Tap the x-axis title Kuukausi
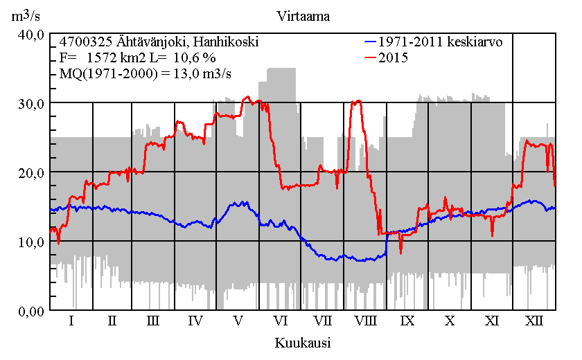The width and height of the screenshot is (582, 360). tap(302, 343)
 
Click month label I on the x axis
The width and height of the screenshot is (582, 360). tap(71, 321)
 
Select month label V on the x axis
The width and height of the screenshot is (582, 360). tap(238, 321)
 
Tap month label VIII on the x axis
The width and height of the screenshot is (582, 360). tap(365, 321)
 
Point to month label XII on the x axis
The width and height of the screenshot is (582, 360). tap(533, 321)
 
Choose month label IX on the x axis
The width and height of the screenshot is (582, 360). tap(407, 321)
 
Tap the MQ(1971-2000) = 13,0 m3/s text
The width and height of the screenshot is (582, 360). tap(146, 73)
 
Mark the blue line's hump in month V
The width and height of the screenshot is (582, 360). tap(239, 203)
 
